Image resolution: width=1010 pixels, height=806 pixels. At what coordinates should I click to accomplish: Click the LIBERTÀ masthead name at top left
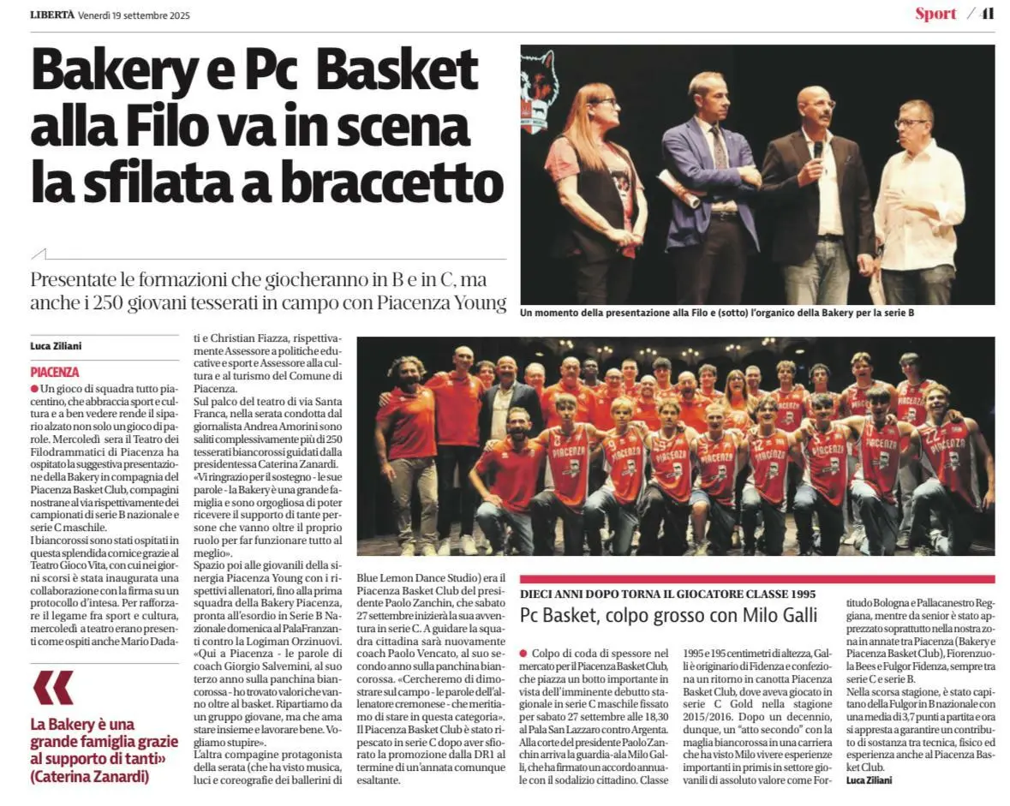[x=52, y=15]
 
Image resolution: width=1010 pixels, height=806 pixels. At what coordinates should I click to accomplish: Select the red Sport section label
[x=935, y=14]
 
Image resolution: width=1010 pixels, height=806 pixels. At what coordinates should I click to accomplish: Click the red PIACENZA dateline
[x=54, y=373]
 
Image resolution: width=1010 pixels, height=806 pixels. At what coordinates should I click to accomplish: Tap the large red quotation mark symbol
[x=53, y=687]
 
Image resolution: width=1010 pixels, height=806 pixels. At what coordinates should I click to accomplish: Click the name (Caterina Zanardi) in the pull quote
[x=89, y=776]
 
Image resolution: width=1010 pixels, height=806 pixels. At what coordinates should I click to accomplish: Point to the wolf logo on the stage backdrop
[x=539, y=90]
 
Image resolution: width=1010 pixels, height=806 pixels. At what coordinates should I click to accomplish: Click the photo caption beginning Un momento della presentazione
[x=716, y=313]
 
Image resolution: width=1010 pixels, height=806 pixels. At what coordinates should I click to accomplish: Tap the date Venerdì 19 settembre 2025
[x=134, y=15]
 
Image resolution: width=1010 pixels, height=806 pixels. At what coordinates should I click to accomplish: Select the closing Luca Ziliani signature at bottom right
[x=870, y=781]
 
